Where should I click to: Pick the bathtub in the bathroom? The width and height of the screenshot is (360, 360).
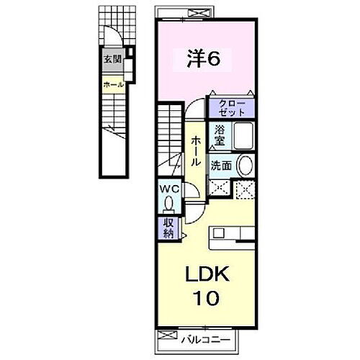click(x=245, y=137)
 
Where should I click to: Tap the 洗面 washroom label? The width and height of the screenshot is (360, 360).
click(x=220, y=165)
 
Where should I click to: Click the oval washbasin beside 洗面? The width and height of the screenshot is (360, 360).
click(x=245, y=165)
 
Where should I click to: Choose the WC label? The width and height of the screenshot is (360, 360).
click(x=168, y=190)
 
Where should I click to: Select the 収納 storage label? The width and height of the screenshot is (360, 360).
click(x=168, y=230)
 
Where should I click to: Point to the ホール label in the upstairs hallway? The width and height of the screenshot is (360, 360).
click(x=195, y=153)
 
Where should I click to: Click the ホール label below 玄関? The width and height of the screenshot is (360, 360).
click(x=113, y=85)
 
